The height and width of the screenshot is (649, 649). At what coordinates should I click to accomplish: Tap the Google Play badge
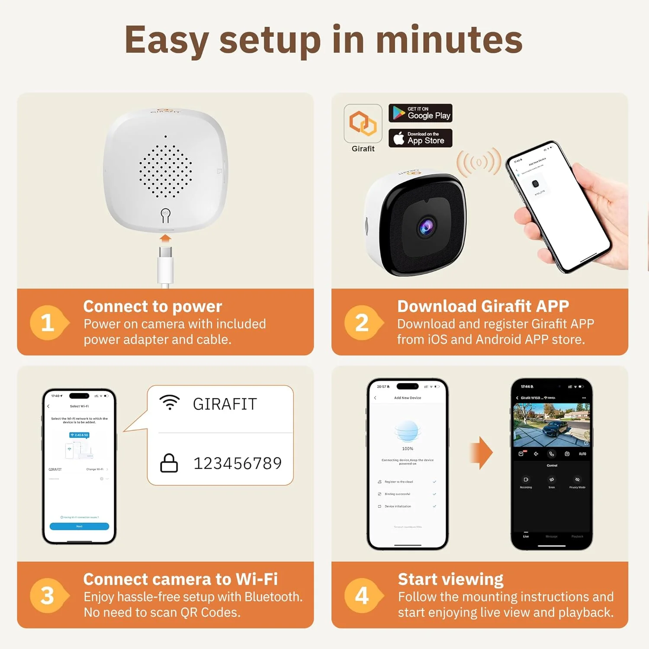[420, 113]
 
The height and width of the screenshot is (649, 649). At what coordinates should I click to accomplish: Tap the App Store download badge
[420, 138]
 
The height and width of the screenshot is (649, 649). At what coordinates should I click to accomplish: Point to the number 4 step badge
[362, 595]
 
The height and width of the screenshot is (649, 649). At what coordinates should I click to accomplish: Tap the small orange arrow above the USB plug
[165, 238]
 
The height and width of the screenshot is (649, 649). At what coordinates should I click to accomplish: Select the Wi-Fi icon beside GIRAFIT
[170, 402]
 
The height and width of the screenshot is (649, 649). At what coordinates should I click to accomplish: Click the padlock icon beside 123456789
[169, 463]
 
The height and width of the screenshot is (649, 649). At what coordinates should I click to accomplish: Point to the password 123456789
[237, 463]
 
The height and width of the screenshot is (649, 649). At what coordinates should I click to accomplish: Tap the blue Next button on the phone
[79, 526]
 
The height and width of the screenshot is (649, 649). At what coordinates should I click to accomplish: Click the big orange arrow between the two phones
[482, 453]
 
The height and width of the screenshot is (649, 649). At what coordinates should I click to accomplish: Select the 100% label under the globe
[408, 449]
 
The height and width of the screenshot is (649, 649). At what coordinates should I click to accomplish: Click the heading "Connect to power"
[153, 306]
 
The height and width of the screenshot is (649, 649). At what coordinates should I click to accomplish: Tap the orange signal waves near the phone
[479, 163]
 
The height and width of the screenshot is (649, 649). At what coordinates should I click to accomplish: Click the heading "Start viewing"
[450, 579]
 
